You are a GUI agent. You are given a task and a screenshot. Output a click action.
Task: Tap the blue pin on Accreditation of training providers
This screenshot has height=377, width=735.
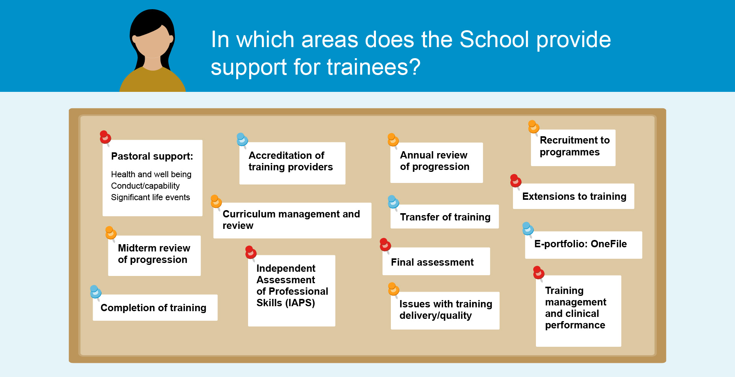tap(242, 140)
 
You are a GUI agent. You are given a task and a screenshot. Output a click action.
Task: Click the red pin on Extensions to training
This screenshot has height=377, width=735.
tap(516, 181)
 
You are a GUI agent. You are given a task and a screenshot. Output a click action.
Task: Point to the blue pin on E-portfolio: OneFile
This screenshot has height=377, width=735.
tap(528, 229)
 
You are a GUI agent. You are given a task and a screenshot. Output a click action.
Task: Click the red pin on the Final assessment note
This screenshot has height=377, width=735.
tap(385, 245)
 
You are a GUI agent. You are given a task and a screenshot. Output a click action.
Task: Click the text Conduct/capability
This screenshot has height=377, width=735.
tap(145, 186)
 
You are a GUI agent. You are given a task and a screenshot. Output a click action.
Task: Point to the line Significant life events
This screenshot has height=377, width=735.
tap(150, 197)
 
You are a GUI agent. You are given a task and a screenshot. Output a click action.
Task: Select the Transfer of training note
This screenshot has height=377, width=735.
tap(444, 217)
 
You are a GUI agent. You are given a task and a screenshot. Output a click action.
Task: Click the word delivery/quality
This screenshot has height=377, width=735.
tap(436, 315)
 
